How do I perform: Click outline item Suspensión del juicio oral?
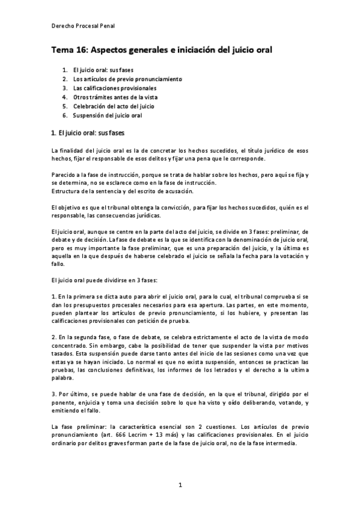[108, 115]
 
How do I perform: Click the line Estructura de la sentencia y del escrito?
[122, 191]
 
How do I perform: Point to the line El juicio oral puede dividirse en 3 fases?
[103, 280]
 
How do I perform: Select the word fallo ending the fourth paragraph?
[58, 264]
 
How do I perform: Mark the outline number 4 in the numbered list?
[64, 97]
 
